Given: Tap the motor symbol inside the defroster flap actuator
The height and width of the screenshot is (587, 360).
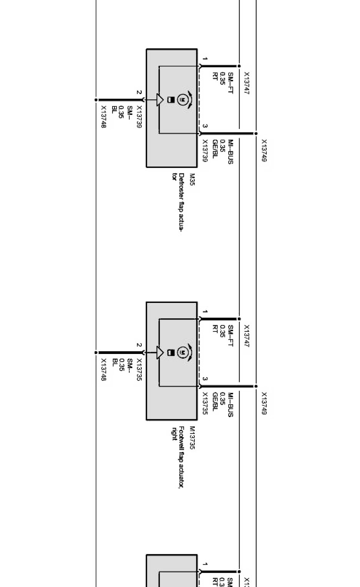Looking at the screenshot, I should pyautogui.click(x=182, y=100).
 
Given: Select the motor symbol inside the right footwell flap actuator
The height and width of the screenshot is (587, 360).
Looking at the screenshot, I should pyautogui.click(x=182, y=352).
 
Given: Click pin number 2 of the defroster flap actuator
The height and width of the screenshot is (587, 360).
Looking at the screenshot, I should pyautogui.click(x=139, y=93).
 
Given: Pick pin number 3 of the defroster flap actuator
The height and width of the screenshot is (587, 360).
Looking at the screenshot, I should pyautogui.click(x=205, y=126).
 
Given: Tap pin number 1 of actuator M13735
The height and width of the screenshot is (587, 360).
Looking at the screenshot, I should pyautogui.click(x=205, y=312).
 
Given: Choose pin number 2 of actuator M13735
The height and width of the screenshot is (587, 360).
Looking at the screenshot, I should pyautogui.click(x=139, y=345).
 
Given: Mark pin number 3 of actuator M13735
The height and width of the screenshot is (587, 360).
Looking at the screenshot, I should pyautogui.click(x=205, y=379).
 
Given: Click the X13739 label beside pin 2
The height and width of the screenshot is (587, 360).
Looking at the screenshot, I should pyautogui.click(x=139, y=117).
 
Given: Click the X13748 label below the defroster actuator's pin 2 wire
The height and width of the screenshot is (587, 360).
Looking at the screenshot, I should pyautogui.click(x=103, y=117).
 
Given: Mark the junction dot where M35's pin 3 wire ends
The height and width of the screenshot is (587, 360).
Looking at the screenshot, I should pyautogui.click(x=256, y=134).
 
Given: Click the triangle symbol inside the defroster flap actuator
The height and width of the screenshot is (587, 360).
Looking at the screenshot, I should pyautogui.click(x=160, y=100).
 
